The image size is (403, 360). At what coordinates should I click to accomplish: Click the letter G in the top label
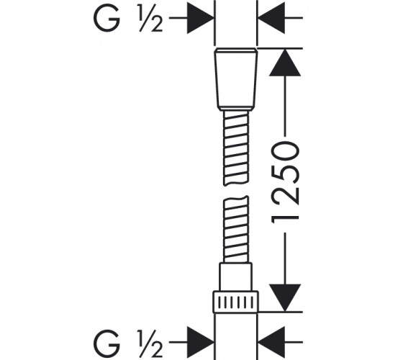pos(107,18)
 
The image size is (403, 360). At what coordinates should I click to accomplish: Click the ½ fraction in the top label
pos(151,18)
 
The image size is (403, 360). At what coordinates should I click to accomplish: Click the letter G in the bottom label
pos(107,342)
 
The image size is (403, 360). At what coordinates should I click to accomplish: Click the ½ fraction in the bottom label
pos(151,342)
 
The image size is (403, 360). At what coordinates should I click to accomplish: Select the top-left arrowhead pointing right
pos(201,18)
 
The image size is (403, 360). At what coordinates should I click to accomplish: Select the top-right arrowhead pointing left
pos(271,18)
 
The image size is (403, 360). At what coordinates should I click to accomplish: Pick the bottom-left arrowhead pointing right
pos(201,342)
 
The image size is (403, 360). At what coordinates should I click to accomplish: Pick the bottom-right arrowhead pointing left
pos(271,342)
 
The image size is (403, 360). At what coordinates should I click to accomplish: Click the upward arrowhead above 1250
pos(285,63)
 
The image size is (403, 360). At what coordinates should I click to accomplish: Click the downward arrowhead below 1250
pos(285,298)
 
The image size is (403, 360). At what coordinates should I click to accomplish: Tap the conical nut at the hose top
pos(236,79)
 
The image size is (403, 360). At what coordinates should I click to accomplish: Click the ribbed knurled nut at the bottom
pos(236,302)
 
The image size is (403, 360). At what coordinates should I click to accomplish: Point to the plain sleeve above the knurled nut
pos(235,277)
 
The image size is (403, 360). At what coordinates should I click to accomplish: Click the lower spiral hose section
pos(236,230)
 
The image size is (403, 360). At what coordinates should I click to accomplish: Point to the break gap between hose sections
pos(236,191)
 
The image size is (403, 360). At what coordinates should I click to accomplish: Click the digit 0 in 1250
pos(285,152)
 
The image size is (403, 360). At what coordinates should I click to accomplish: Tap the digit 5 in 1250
pos(285,177)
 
